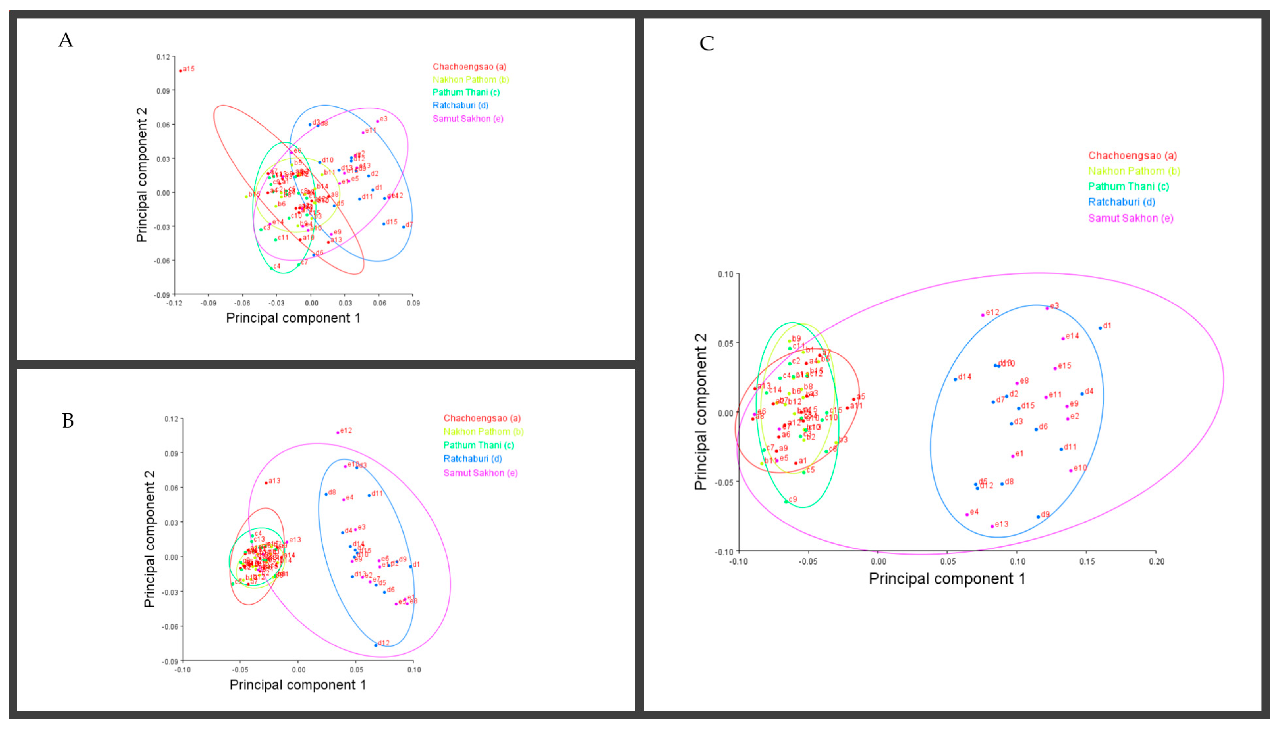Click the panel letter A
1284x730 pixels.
pos(66,40)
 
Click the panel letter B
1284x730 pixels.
pos(68,421)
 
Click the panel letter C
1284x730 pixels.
pos(707,44)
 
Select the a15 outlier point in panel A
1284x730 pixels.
pos(181,71)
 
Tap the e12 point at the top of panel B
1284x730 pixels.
pos(338,432)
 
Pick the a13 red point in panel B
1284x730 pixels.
pos(266,483)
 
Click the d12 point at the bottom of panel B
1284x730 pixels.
pos(375,645)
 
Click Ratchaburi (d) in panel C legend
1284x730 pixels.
pos(1122,202)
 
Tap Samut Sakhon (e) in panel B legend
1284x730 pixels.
pos(480,473)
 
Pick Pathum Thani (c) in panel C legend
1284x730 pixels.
pos(1128,186)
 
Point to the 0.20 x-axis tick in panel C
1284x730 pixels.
pos(1157,561)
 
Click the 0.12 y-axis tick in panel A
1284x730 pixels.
pos(163,57)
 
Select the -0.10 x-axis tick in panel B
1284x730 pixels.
pos(182,670)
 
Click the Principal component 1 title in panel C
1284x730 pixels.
pos(947,579)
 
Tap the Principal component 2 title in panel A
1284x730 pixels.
pos(142,175)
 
